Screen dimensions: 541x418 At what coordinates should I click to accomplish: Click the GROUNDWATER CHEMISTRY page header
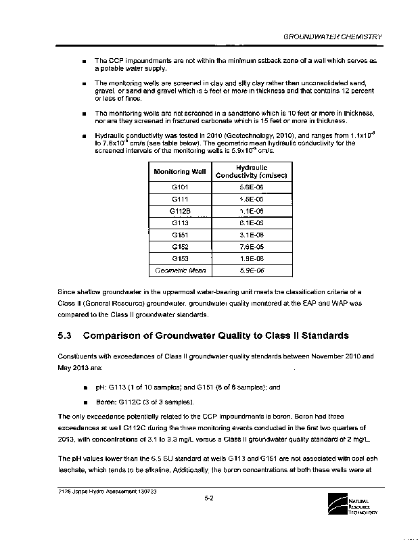click(x=333, y=37)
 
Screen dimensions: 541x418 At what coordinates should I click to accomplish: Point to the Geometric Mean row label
click(x=180, y=270)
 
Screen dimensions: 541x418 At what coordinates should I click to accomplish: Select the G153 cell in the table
click(x=180, y=258)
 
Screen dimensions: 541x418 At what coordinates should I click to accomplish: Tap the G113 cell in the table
click(x=180, y=222)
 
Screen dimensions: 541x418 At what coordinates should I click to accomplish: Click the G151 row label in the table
click(x=180, y=235)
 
